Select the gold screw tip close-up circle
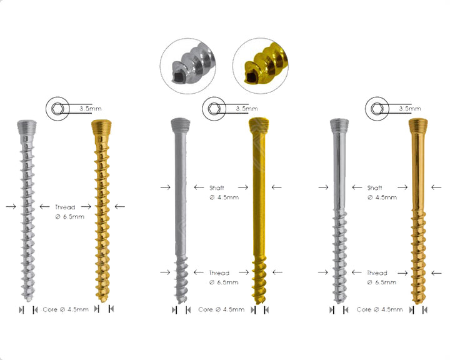[x=262, y=66]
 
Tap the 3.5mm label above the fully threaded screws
[x=90, y=108]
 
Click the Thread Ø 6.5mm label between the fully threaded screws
[x=65, y=211]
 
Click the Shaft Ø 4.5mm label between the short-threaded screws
[x=224, y=192]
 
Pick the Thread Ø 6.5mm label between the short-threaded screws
[x=224, y=277]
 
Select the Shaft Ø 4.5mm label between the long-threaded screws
[x=382, y=192]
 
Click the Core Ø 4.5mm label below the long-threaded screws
[x=379, y=309]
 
